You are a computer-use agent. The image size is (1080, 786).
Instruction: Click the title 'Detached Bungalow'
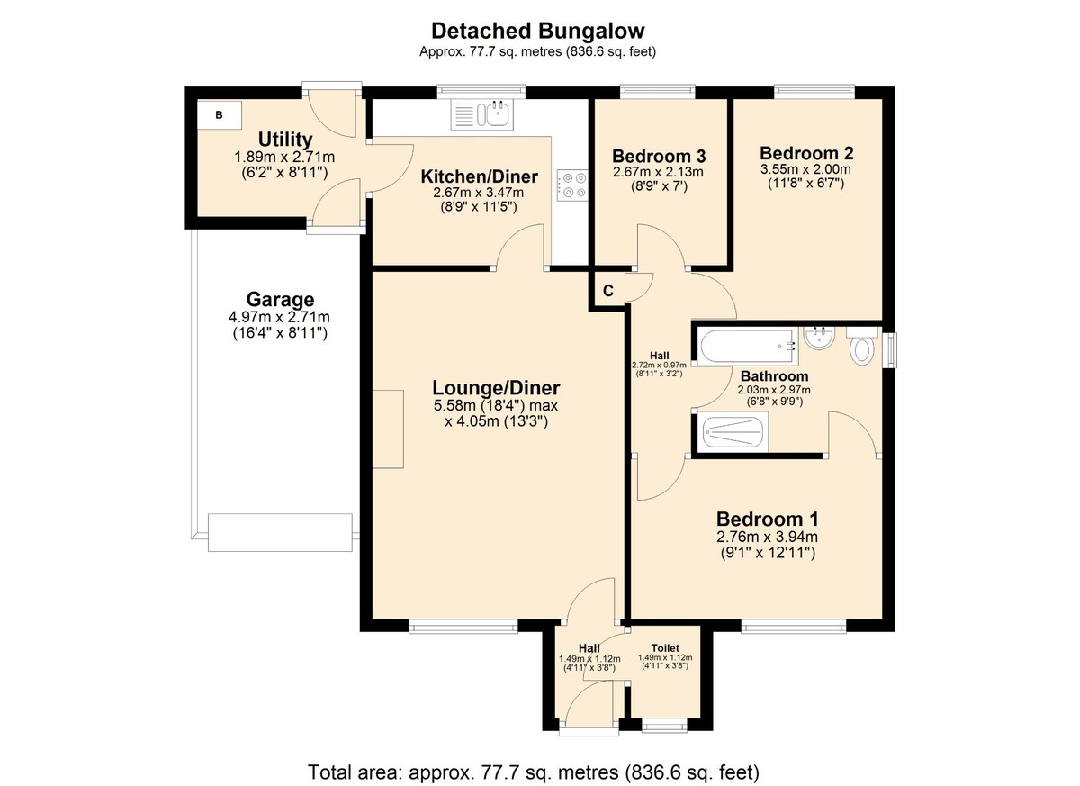[x=537, y=32]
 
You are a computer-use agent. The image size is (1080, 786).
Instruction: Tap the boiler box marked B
[x=220, y=115]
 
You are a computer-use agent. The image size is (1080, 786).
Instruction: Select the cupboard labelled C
[x=608, y=291]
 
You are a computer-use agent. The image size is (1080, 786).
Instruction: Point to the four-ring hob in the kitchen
[x=572, y=185]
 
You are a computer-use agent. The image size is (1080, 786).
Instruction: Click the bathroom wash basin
[x=821, y=339]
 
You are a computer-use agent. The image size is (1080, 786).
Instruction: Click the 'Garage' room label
[x=280, y=300]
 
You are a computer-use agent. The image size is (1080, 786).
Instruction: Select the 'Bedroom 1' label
[x=767, y=519]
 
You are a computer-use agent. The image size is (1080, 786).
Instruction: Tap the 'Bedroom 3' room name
[x=658, y=154]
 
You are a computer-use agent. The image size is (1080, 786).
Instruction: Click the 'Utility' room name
[x=285, y=140]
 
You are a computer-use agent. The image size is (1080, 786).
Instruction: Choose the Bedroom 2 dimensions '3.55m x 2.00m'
[x=805, y=169]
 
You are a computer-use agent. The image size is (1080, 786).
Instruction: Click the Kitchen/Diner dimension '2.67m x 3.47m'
[x=479, y=193]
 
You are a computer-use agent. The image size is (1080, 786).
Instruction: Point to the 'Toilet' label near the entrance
[x=666, y=647]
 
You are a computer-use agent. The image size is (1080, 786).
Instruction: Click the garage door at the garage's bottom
[x=279, y=532]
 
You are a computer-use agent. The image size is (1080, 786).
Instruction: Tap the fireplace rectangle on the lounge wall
[x=389, y=429]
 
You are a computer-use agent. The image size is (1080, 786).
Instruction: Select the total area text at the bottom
[x=535, y=772]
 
